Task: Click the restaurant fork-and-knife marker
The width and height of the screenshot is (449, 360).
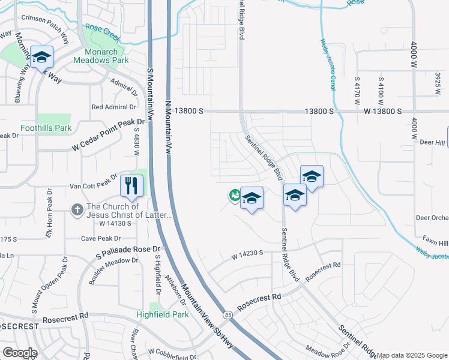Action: click(132, 185)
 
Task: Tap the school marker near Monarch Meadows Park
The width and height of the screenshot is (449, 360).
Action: click(41, 58)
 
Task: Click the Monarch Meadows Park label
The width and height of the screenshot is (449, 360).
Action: click(101, 60)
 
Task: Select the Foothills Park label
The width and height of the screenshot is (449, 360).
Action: click(46, 128)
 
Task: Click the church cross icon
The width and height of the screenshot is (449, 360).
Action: click(77, 210)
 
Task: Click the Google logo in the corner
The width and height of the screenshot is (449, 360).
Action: click(19, 353)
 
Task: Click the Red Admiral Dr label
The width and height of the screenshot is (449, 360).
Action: click(113, 107)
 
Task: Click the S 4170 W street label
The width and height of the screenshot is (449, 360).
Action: click(357, 85)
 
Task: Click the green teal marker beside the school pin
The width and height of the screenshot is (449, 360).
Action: click(234, 195)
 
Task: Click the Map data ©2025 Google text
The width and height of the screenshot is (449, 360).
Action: click(412, 355)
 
